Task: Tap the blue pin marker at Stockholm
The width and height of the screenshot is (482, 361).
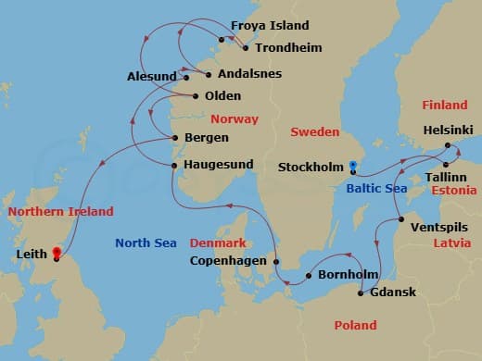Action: [352, 167]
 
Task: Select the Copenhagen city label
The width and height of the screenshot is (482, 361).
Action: [229, 261]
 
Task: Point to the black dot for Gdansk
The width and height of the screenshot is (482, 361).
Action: [361, 293]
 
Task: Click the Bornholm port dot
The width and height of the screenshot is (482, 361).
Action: [308, 276]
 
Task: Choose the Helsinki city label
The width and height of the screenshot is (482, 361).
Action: [447, 131]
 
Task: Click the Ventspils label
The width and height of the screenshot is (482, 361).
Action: [439, 227]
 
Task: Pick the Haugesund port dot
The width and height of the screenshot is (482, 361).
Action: [174, 165]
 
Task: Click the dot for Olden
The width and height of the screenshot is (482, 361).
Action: [196, 95]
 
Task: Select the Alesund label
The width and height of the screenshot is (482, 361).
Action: [151, 77]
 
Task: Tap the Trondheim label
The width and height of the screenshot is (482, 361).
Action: [283, 46]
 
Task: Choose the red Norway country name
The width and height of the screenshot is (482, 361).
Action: [235, 119]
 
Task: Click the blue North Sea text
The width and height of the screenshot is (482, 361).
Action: [146, 243]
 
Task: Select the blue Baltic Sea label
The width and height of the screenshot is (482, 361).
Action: [376, 189]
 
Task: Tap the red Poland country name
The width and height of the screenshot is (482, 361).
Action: [356, 326]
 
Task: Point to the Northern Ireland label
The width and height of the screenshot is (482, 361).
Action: [60, 212]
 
